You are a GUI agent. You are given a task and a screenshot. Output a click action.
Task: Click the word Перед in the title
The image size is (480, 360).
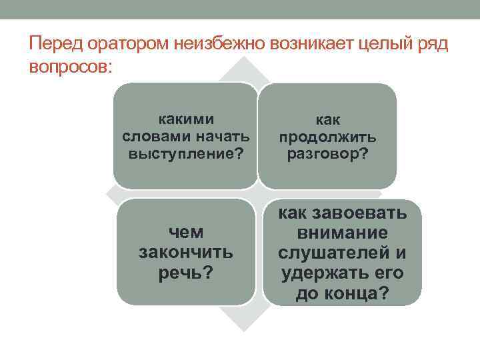[x=56, y=43]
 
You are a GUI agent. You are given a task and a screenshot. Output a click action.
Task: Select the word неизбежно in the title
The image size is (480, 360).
[x=219, y=43]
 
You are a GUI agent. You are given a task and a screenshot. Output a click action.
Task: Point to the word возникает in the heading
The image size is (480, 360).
[x=311, y=44]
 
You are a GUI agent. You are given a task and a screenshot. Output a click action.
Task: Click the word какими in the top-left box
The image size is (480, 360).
[x=186, y=119]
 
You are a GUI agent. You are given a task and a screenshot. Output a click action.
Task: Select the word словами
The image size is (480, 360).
[x=156, y=137]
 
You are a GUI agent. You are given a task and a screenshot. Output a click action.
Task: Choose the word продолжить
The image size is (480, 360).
[x=327, y=137]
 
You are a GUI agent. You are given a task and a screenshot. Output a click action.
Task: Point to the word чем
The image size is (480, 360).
[x=186, y=232]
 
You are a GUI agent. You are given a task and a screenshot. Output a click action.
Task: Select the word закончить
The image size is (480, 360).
[x=186, y=253]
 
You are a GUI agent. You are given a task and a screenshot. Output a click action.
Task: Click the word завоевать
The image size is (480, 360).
[x=359, y=213]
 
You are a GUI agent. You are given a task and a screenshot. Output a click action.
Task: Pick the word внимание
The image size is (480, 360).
[x=342, y=233]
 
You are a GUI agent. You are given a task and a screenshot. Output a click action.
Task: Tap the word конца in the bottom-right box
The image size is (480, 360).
[x=352, y=293]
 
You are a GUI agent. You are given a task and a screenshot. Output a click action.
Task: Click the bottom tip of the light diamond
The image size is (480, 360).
[x=244, y=331]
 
